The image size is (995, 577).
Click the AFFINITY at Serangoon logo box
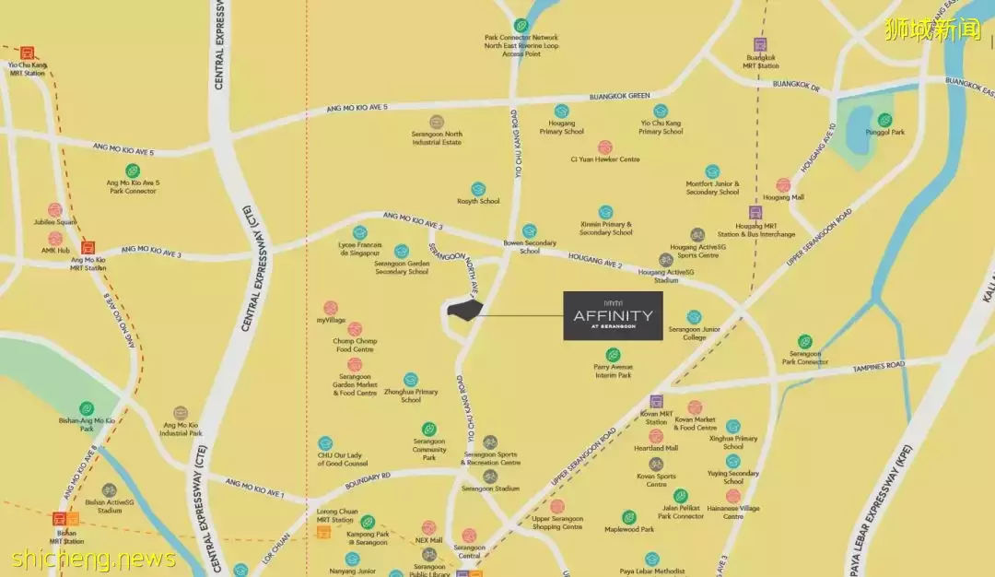[613, 316]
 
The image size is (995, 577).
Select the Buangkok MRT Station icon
[760, 44]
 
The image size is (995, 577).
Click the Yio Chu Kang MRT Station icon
[27, 53]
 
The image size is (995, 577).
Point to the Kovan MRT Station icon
[656, 401]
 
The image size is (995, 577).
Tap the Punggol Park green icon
[884, 120]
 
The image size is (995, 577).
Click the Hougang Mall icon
[783, 185]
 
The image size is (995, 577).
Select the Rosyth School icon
[478, 189]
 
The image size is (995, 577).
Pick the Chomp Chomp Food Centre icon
[355, 329]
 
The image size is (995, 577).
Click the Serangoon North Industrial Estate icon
[437, 122]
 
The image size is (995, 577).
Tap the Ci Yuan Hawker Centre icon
[604, 147]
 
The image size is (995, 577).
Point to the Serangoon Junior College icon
[694, 317]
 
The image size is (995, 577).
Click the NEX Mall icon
[428, 528]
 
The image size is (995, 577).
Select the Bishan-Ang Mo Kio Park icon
[87, 408]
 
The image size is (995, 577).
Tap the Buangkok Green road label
[619, 96]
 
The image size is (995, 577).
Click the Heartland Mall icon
[656, 436]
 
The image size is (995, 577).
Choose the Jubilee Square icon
[55, 210]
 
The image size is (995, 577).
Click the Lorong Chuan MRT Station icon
[323, 532]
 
